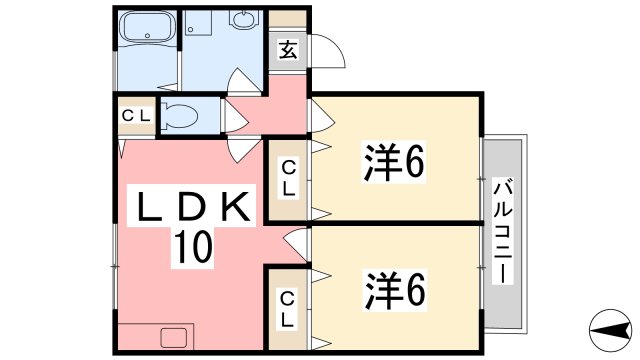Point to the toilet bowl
[181, 114]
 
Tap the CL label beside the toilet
[136, 114]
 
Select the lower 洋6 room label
[394, 289]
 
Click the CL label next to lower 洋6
[287, 308]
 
